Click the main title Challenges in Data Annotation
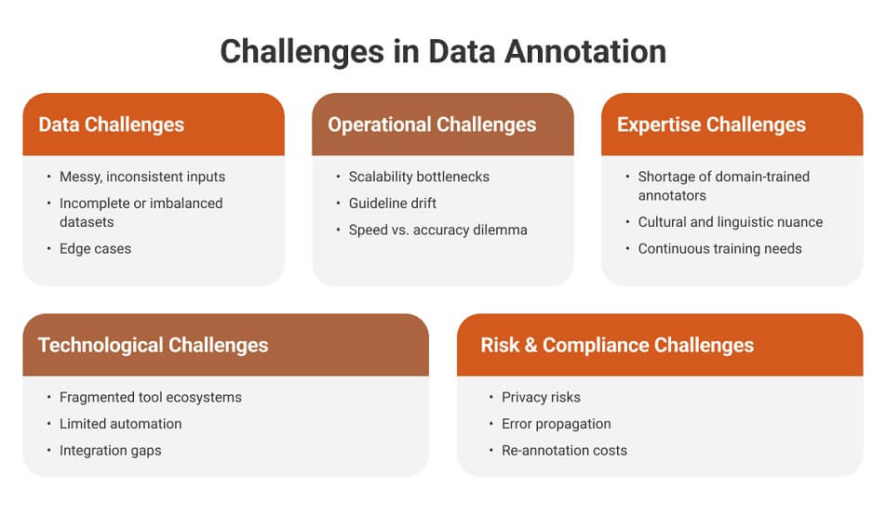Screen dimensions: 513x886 (x=443, y=51)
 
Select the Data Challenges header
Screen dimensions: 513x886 (x=111, y=125)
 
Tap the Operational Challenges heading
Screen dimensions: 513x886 (x=432, y=125)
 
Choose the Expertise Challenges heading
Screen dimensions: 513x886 (x=711, y=125)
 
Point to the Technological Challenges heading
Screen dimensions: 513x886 (x=153, y=346)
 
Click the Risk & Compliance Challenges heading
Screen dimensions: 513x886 (x=617, y=346)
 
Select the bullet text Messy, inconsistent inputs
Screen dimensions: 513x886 (x=141, y=177)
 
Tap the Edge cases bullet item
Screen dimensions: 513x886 (x=95, y=248)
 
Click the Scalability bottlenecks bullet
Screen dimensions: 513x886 (x=418, y=177)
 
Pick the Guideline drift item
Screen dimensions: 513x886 (x=392, y=203)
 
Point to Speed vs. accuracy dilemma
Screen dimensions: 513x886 (x=437, y=230)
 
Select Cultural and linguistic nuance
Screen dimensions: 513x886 (x=730, y=222)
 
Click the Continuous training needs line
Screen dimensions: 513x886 (x=719, y=248)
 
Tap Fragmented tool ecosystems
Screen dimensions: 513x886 (x=150, y=397)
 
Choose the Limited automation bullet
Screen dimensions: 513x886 (x=120, y=424)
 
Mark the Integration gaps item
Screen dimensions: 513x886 (x=110, y=450)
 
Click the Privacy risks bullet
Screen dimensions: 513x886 (x=541, y=397)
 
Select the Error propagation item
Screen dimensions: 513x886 (x=556, y=424)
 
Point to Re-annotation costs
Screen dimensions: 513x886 (x=564, y=450)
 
